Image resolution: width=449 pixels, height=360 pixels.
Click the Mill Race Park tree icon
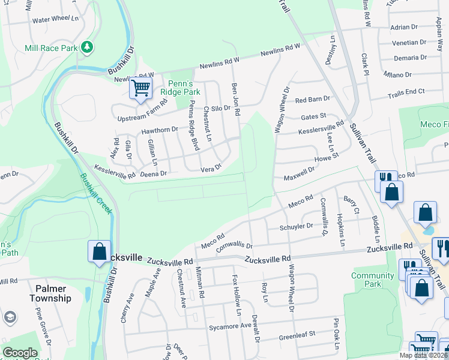click(88, 46)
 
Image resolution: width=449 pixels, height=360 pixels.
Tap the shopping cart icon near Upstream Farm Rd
click(140, 88)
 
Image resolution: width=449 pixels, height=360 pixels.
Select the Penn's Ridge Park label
click(175, 88)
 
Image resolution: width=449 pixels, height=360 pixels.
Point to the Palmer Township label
click(53, 293)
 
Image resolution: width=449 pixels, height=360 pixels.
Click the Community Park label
click(373, 280)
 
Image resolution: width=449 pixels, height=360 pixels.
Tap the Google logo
click(20, 353)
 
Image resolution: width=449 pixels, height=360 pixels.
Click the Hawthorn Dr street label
click(160, 129)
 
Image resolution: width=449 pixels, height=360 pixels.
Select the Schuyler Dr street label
click(297, 227)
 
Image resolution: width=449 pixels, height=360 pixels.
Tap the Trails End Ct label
click(406, 91)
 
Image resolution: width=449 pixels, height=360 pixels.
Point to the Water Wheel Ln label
click(55, 19)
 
